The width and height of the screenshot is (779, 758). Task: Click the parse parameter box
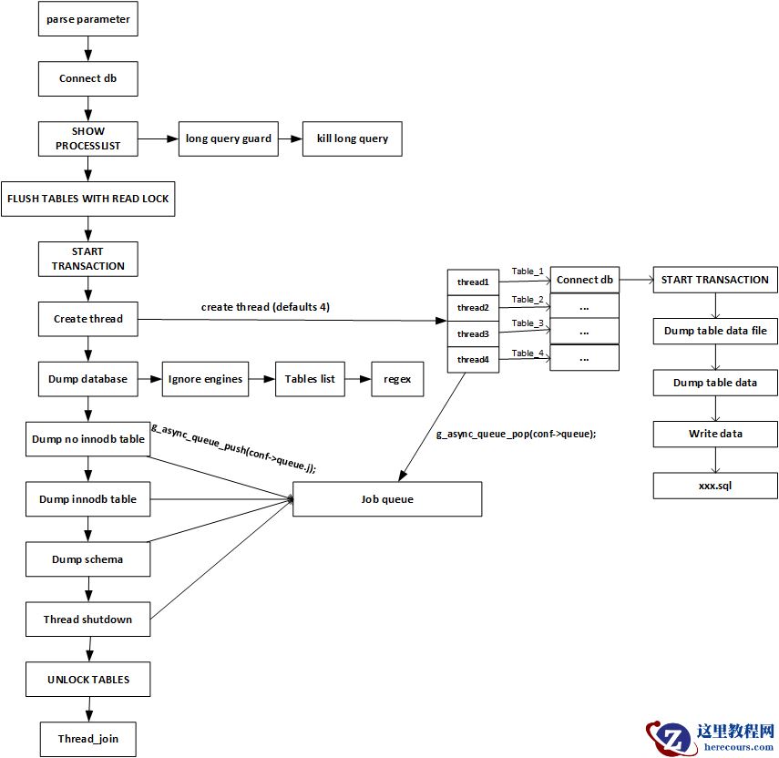[x=87, y=19]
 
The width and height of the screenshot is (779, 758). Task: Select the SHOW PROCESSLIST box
[x=87, y=138]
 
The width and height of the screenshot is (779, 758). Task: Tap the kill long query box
[x=352, y=138]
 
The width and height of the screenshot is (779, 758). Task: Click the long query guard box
[x=228, y=138]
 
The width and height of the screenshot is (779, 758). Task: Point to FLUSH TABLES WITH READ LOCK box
[x=87, y=198]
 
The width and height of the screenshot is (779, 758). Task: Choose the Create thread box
[x=87, y=319]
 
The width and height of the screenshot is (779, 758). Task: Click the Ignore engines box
[x=206, y=379]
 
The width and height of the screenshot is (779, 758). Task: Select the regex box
[x=397, y=379]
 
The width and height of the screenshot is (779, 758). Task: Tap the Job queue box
[x=387, y=499]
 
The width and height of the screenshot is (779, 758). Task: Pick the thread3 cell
[x=473, y=334]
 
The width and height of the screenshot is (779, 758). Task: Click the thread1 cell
[x=473, y=282]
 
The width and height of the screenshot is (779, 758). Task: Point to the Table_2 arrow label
[x=528, y=299]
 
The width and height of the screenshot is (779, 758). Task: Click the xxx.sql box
[x=715, y=486]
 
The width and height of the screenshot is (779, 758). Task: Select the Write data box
[x=715, y=434]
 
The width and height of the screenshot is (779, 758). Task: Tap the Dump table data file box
[x=715, y=331]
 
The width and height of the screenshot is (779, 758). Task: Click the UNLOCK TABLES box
[x=88, y=680]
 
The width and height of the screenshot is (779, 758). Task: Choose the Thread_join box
[x=88, y=739]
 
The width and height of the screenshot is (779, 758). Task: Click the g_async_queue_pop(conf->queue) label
[x=516, y=435]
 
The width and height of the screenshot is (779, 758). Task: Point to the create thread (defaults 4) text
[x=265, y=307]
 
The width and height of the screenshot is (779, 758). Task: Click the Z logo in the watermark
[x=672, y=738]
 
